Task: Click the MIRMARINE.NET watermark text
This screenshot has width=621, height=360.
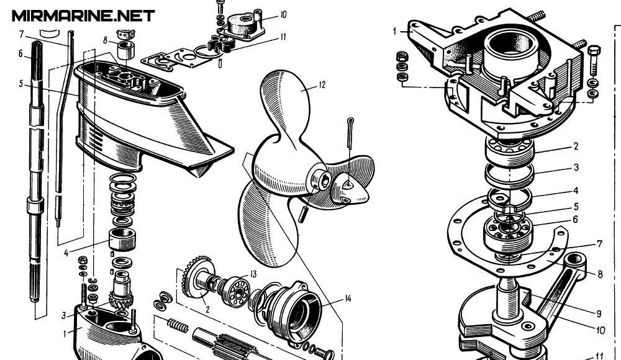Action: pos(83,16)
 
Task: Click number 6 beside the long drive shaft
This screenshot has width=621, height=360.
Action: pos(20,54)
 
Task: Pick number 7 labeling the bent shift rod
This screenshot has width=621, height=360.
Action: pos(20,33)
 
